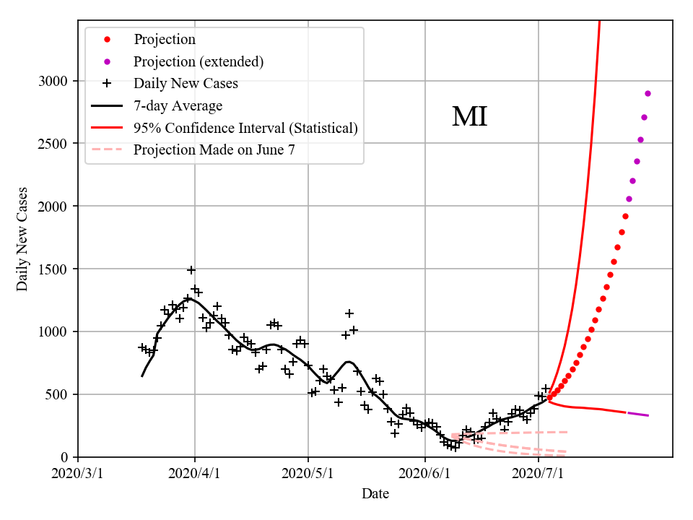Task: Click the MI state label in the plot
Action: (x=470, y=117)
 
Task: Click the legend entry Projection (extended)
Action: (x=199, y=61)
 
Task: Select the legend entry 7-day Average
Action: (x=178, y=105)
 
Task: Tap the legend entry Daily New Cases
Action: (x=186, y=83)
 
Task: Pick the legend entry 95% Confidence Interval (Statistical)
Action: (x=245, y=128)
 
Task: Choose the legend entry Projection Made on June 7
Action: (x=214, y=150)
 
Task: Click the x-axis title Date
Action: (x=375, y=494)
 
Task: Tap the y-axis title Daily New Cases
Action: (x=22, y=239)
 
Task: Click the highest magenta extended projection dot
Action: (x=648, y=93)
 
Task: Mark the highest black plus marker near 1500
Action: (x=191, y=270)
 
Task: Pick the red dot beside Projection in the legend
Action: (x=107, y=39)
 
